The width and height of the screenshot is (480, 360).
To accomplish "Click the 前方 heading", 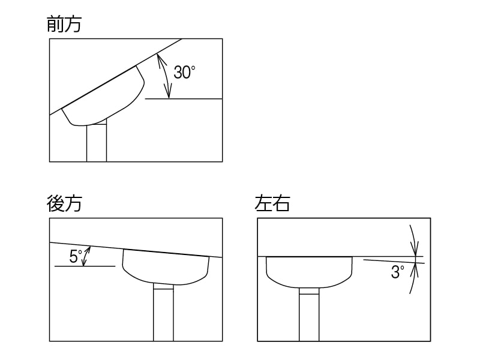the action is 64,24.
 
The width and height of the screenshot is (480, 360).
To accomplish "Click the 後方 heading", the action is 64,203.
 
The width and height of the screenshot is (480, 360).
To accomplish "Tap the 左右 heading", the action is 272,203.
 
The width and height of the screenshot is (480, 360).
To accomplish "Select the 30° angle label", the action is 184,73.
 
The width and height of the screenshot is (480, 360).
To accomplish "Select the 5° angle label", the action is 76,257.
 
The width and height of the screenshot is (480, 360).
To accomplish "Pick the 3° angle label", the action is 397,272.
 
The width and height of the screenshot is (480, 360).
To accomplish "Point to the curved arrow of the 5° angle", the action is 86,256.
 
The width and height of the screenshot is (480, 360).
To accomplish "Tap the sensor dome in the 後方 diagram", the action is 166,266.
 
